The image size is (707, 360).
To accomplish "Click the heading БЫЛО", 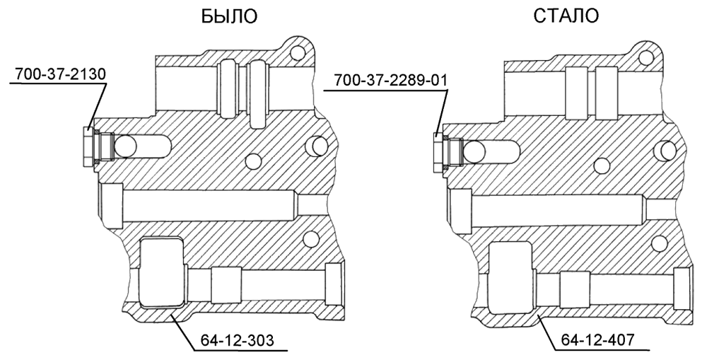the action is click(229, 16).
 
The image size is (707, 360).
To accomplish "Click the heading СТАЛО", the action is click(566, 16).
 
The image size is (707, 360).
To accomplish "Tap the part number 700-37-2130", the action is click(60, 74).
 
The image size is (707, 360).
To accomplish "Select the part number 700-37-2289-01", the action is click(390, 81).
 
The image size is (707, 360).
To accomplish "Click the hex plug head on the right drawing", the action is click(437, 153).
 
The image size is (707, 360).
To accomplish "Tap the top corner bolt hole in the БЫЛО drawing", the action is click(295, 54).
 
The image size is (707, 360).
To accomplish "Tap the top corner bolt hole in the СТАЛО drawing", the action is click(645, 57).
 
